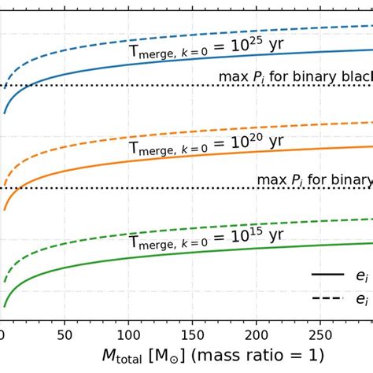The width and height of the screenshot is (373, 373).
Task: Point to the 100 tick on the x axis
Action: pos(129,334)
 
